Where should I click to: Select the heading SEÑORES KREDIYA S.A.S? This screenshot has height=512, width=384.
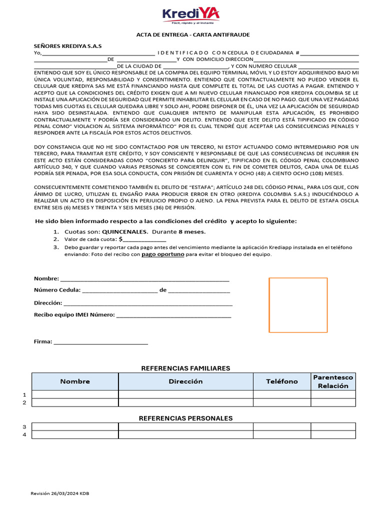click(x=67, y=45)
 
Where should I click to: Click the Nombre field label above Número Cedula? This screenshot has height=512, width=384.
click(x=46, y=278)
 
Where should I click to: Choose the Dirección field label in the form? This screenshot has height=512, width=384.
click(x=48, y=303)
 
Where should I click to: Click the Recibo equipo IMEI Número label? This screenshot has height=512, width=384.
click(x=74, y=315)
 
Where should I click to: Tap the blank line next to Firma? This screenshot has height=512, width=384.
click(x=100, y=341)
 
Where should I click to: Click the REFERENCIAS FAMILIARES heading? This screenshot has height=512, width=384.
click(x=185, y=368)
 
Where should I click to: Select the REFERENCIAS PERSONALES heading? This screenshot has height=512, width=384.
click(x=185, y=418)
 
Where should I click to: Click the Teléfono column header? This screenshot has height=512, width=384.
click(x=282, y=381)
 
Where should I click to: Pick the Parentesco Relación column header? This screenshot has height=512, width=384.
click(x=333, y=381)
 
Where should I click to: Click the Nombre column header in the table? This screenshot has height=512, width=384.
click(x=75, y=381)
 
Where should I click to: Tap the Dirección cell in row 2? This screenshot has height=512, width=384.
click(x=185, y=402)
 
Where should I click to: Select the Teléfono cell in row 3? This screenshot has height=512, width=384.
click(x=282, y=426)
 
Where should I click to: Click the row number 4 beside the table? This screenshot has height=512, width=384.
click(x=24, y=434)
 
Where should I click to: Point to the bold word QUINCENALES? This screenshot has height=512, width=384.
click(x=125, y=232)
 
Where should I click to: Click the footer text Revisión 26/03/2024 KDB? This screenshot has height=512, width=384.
click(x=60, y=493)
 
